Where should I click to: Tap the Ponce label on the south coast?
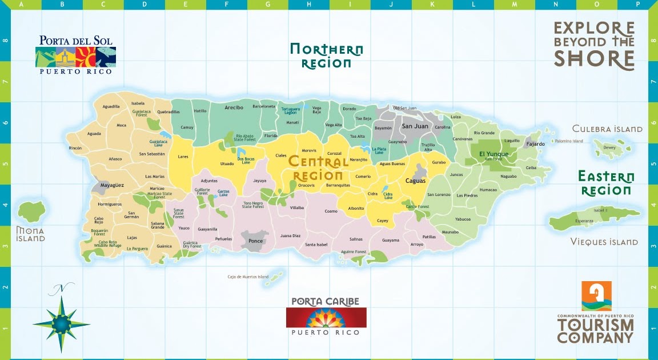256,241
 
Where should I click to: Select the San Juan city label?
415,126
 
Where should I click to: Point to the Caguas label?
415,181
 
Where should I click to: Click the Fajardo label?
535,144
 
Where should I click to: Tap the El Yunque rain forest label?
490,154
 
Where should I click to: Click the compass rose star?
61,323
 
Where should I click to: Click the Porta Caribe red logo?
326,317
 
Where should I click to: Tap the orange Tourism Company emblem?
596,296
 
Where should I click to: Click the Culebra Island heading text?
607,129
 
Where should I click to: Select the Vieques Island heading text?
604,242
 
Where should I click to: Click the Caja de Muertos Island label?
248,277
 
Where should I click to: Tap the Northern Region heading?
326,56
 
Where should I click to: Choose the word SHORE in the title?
594,59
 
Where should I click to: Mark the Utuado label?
227,164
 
